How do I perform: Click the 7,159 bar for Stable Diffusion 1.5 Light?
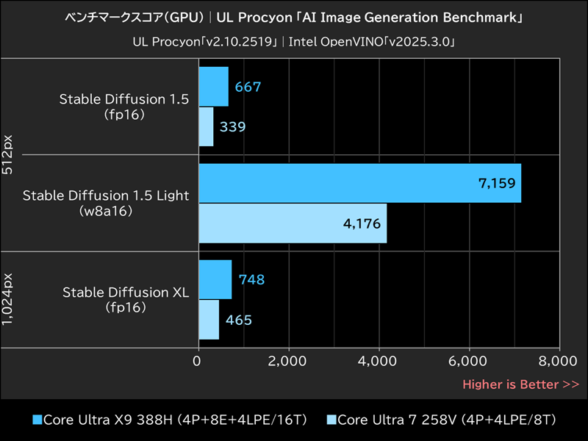359,183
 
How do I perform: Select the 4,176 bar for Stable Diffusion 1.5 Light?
293,223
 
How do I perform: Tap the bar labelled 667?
213,87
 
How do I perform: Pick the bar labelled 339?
206,126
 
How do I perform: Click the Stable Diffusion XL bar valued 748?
215,279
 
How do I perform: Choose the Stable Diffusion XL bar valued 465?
209,320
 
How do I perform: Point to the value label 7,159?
494,183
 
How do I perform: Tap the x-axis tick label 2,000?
288,361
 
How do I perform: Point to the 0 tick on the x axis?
198,361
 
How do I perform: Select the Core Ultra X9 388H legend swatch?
37,420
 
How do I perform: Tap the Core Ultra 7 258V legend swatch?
331,420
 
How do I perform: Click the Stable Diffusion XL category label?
126,293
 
